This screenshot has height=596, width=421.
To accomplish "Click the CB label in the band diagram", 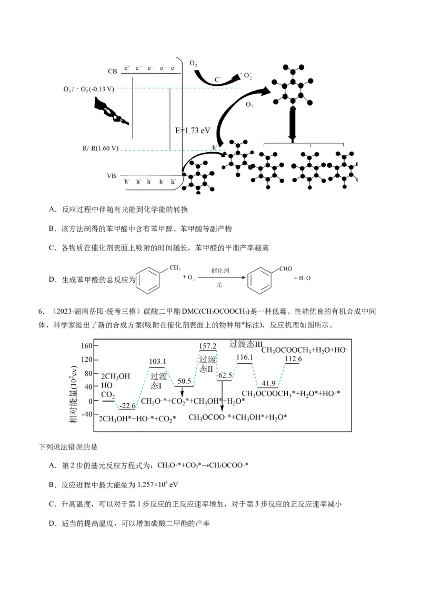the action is (x=113, y=71).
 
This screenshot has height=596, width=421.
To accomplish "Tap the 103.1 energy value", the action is (x=157, y=362).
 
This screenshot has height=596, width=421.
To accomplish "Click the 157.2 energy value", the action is (x=208, y=346).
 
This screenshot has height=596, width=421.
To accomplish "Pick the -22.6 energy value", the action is (x=127, y=405).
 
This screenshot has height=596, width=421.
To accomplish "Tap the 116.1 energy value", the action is (x=245, y=358).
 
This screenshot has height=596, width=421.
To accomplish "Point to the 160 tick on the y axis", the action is (x=87, y=346).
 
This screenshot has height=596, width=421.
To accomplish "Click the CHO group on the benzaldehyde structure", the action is (x=285, y=269).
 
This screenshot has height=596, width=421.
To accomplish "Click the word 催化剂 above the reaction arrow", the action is (x=219, y=269).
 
